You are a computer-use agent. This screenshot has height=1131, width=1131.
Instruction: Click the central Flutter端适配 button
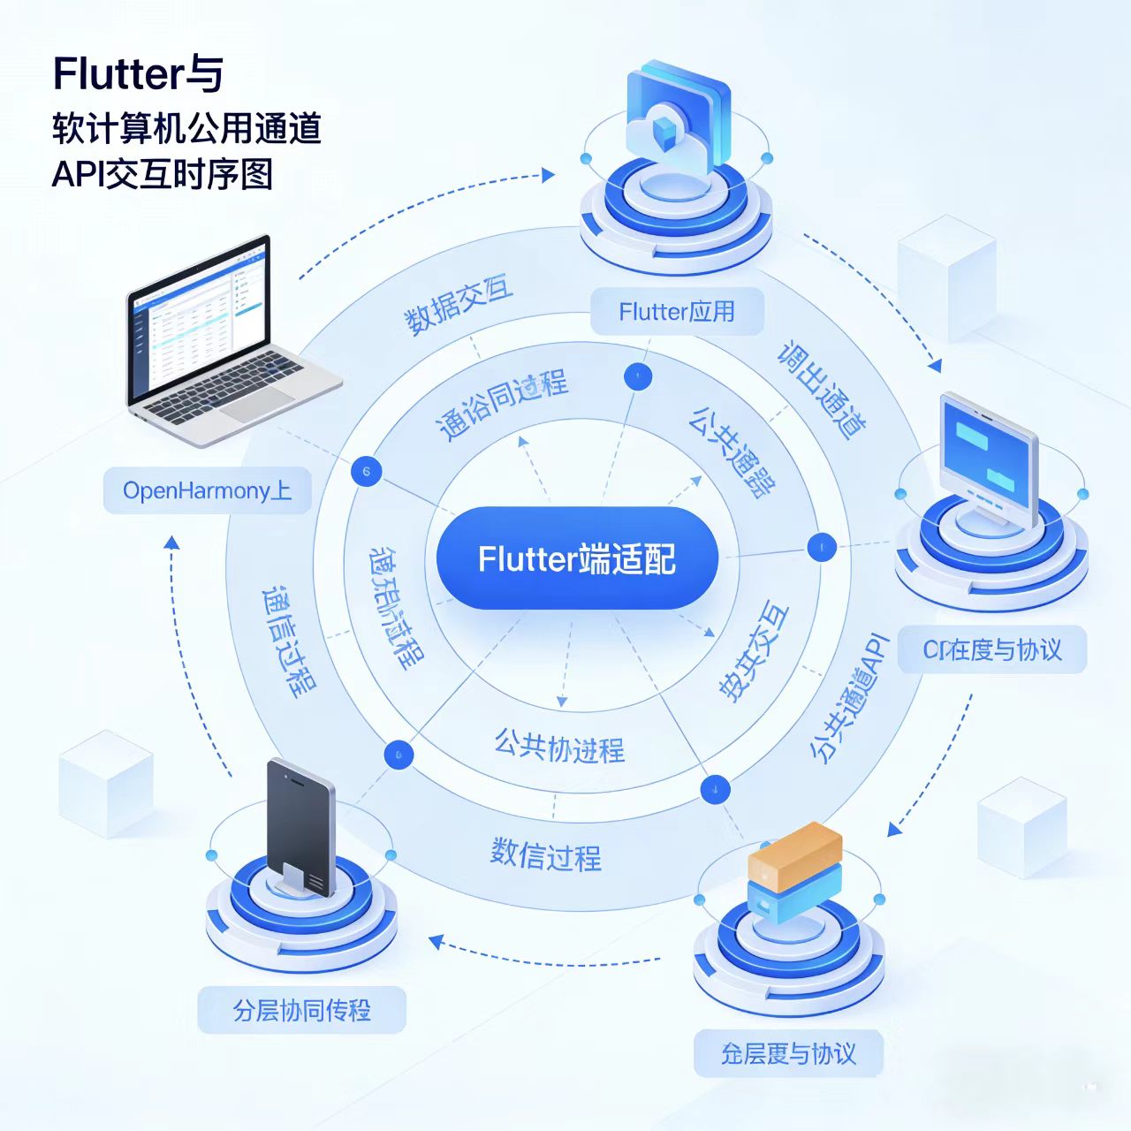tap(577, 558)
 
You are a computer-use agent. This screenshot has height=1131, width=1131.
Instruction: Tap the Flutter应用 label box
tap(677, 311)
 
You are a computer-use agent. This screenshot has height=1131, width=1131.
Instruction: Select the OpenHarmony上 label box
tap(208, 490)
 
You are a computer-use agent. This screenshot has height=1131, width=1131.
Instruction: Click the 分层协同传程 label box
tap(301, 1010)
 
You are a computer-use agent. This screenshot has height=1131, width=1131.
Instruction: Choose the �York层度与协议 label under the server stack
tap(788, 1053)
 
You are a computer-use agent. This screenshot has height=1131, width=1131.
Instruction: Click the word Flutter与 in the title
tap(138, 74)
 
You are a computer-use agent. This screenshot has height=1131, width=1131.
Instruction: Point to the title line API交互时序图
tap(163, 174)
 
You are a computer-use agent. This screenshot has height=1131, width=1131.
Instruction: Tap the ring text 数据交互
tap(459, 306)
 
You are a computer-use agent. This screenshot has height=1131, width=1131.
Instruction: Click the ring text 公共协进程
tap(559, 747)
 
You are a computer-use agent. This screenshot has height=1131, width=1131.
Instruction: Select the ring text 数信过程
tap(546, 854)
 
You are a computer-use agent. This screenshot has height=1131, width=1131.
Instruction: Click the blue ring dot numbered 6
tap(366, 471)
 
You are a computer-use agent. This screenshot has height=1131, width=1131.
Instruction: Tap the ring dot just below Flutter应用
tap(637, 376)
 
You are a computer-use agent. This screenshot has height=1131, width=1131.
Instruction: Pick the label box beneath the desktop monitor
tap(992, 650)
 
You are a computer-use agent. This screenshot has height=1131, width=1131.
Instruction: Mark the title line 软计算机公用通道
tap(186, 128)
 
